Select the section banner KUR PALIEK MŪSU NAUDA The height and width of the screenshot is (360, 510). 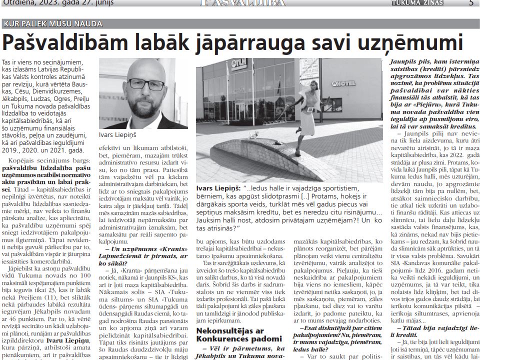point(52,24)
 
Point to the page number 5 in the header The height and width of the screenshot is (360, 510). point(471,3)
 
